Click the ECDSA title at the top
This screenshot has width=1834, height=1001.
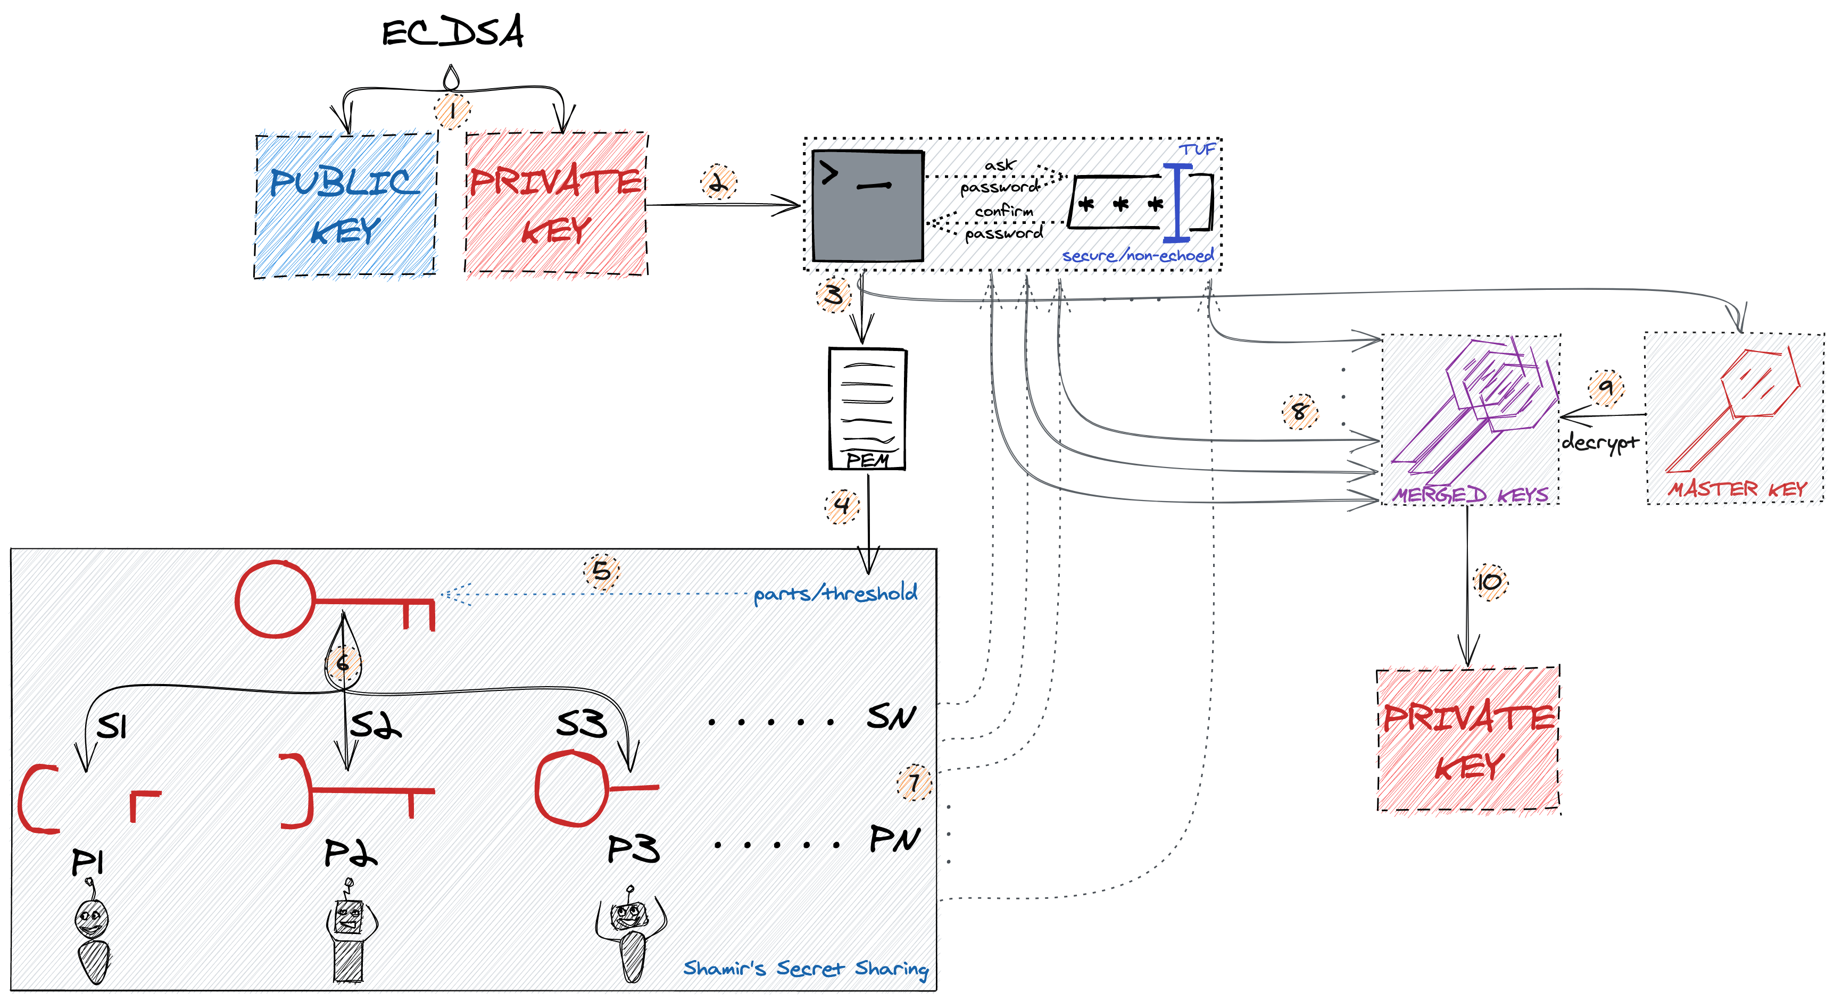click(453, 32)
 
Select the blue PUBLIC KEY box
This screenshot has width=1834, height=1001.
click(346, 205)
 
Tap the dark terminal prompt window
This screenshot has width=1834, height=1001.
click(868, 206)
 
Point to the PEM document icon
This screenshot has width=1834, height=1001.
click(867, 408)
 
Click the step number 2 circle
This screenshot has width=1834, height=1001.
click(718, 182)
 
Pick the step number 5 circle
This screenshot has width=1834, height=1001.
click(602, 571)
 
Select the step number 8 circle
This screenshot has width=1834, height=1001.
click(1299, 412)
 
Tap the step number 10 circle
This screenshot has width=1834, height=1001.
click(1489, 582)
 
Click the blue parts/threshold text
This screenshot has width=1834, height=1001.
click(835, 593)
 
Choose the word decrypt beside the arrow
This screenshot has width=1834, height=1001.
click(1600, 442)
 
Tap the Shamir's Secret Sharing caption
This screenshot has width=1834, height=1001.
click(805, 968)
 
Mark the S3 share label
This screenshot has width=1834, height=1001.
click(582, 724)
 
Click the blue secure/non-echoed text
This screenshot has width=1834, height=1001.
click(1137, 256)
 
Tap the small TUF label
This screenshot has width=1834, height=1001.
click(1198, 149)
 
